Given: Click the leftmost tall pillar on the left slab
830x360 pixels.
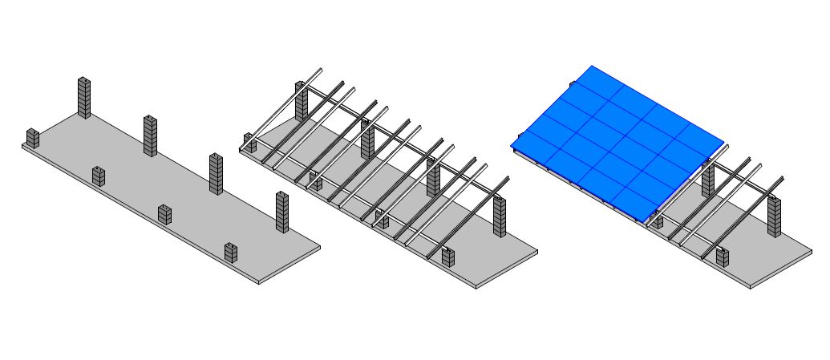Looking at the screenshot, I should tap(83, 97).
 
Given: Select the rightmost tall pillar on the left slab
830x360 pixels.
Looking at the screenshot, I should tap(281, 212).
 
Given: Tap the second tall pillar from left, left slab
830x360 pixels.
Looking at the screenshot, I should tap(150, 135).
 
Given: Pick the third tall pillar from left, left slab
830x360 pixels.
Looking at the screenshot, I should tap(216, 173).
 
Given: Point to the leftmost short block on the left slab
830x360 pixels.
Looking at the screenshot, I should tap(32, 138).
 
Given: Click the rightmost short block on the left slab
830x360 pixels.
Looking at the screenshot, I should tap(231, 252).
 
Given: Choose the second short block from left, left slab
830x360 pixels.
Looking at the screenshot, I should tap(98, 176).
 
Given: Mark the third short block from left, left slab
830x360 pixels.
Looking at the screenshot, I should tap(164, 214).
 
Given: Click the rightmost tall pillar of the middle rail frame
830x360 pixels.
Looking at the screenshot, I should tap(500, 216).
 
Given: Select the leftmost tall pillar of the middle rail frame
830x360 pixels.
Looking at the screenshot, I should tap(302, 101).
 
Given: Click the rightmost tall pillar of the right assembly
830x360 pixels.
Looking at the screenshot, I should tap(774, 216).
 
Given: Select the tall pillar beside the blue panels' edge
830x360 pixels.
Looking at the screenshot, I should tap(708, 180).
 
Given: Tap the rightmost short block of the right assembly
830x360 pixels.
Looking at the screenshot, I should tap(723, 257).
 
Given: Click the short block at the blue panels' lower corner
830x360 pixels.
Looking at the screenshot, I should tap(656, 220).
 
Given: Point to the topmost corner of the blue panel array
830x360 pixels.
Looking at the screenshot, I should tap(591, 66).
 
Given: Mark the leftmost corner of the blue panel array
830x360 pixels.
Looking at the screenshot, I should tap(511, 145).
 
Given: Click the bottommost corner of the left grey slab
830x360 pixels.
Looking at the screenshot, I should tap(259, 284).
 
